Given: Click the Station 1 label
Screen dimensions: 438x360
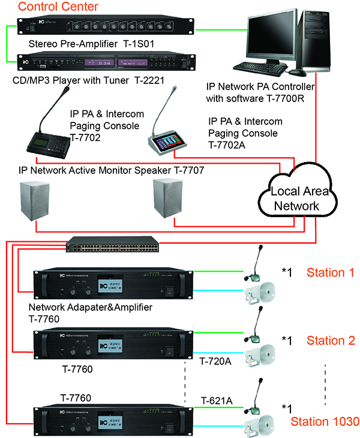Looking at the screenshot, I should [x=331, y=273].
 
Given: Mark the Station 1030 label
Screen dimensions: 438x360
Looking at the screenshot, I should [x=325, y=421].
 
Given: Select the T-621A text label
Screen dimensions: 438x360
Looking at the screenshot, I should [x=217, y=400].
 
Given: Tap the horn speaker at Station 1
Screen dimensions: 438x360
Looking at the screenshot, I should [x=262, y=295].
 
